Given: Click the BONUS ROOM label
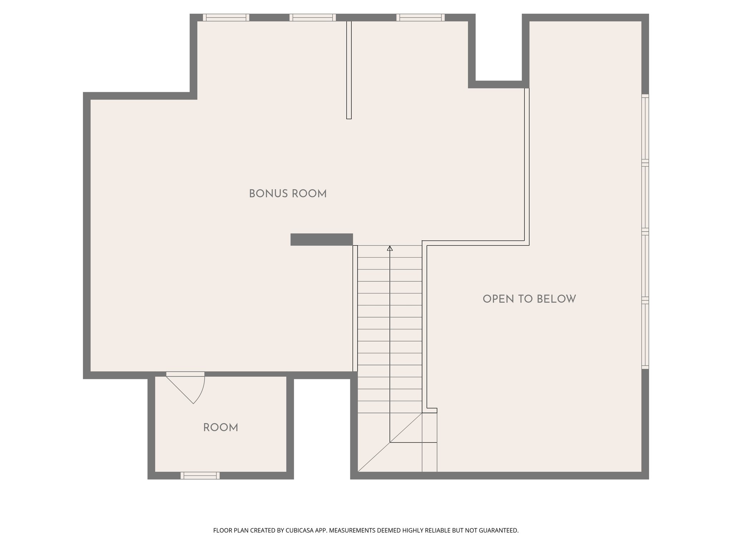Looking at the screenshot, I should click(x=288, y=194).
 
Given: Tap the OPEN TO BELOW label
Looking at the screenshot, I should click(x=529, y=299).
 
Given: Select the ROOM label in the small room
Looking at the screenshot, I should click(x=221, y=427).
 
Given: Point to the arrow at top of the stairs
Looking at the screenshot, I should click(x=390, y=248).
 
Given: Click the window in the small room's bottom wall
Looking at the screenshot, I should click(x=200, y=475).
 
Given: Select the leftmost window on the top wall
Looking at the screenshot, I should click(x=226, y=18).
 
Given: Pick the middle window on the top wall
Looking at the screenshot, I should click(x=312, y=18).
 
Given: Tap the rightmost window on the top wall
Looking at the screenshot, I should click(x=420, y=18).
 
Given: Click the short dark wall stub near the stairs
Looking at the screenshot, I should click(x=321, y=239).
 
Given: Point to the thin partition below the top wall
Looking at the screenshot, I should click(x=349, y=70).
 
